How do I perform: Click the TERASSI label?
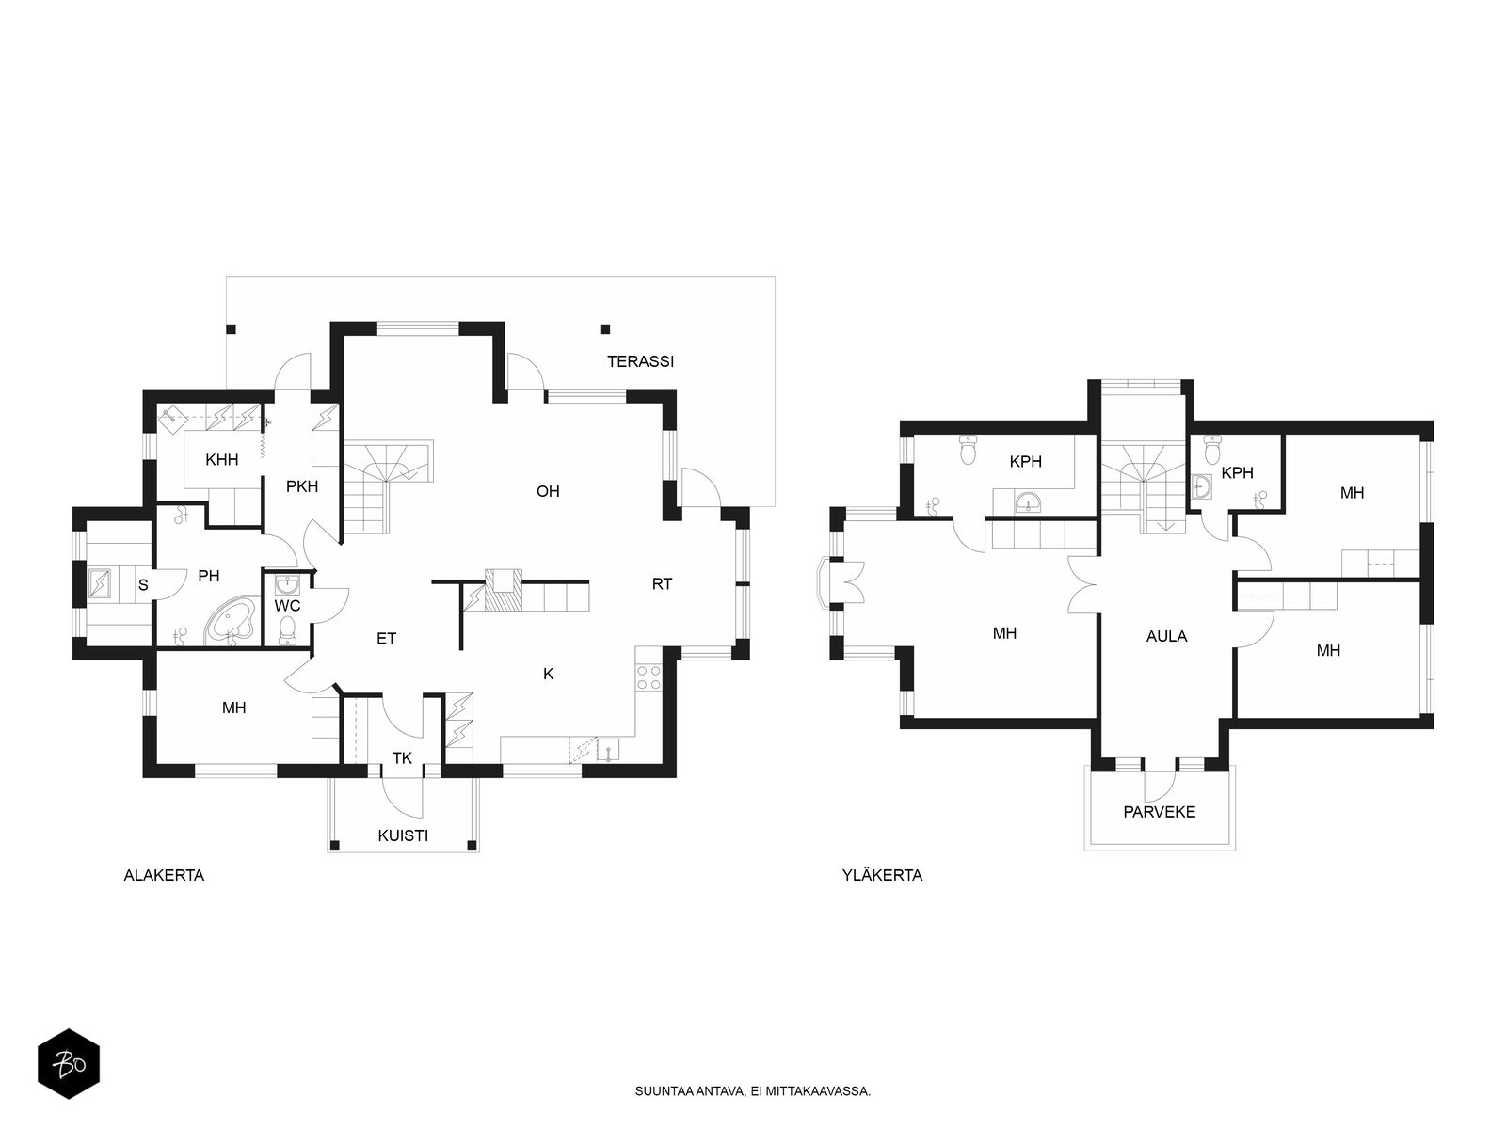click(640, 361)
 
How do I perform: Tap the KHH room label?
click(221, 459)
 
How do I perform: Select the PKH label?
click(302, 486)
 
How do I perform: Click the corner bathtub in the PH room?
click(231, 621)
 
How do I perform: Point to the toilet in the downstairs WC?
click(287, 630)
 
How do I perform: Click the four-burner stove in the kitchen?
click(649, 677)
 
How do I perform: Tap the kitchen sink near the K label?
click(608, 749)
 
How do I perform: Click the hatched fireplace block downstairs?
click(503, 590)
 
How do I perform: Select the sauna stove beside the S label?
click(100, 583)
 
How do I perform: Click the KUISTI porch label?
click(403, 835)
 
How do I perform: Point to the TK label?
click(402, 758)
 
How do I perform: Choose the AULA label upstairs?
click(1166, 636)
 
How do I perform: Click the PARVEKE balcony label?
click(1159, 812)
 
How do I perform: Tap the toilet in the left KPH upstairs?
click(969, 449)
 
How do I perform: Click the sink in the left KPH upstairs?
click(1027, 502)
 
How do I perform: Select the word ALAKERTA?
click(164, 875)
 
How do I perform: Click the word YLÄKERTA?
click(882, 875)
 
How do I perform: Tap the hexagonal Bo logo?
click(69, 1064)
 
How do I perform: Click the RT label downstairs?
click(662, 584)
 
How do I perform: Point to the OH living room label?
click(548, 491)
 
